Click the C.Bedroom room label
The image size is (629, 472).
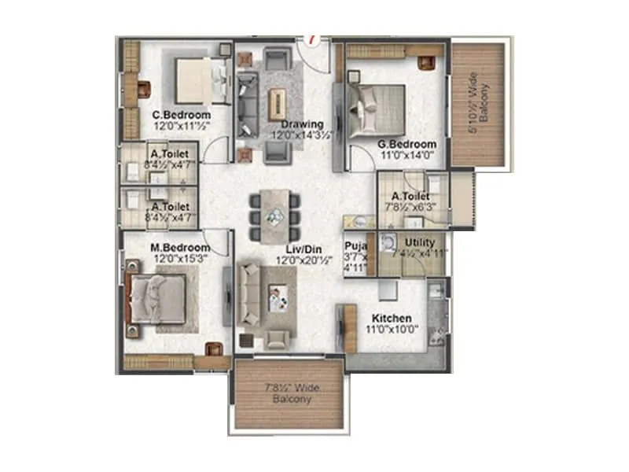click(181, 115)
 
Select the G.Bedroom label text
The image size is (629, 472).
click(406, 145)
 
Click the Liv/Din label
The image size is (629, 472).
click(301, 249)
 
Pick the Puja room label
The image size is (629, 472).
click(355, 245)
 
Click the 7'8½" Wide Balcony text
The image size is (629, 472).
click(288, 393)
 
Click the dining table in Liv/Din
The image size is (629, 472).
click(274, 212)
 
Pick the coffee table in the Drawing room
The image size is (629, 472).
click(277, 103)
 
